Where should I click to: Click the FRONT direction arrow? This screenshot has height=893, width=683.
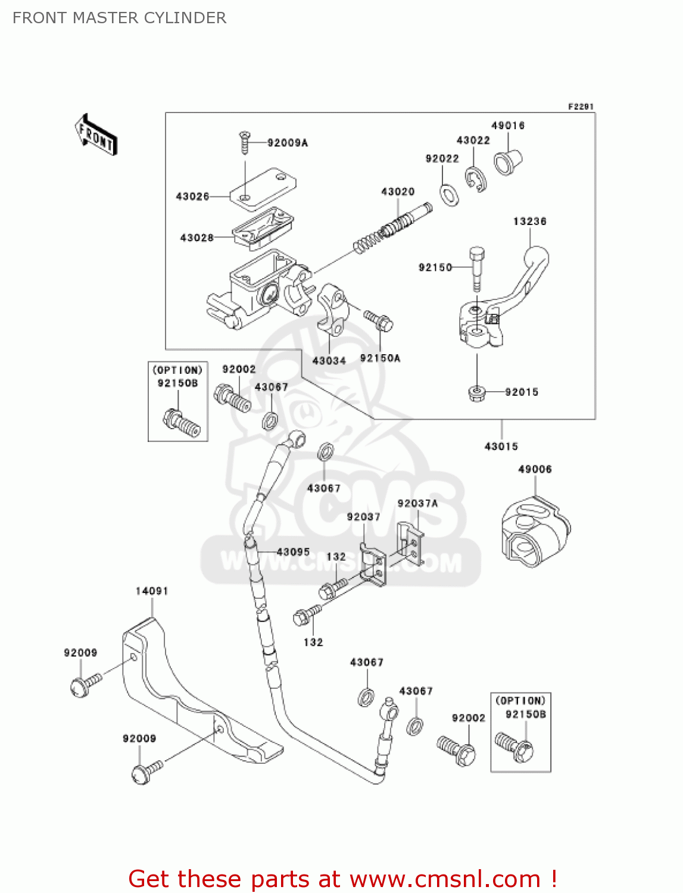96,135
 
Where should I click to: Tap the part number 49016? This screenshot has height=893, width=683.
508,126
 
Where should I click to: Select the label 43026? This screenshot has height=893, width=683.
192,196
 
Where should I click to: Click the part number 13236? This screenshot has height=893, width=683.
529,221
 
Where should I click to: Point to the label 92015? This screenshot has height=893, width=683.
522,392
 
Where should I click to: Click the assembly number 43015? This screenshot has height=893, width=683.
501,447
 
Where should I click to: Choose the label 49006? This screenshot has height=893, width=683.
535,469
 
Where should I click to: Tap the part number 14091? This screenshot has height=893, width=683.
152,591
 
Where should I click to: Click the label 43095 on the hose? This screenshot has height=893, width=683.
293,552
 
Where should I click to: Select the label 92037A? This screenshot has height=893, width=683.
418,503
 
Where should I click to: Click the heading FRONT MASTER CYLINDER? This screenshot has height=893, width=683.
119,18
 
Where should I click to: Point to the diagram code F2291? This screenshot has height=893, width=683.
581,107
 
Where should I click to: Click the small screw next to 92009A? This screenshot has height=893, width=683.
245,142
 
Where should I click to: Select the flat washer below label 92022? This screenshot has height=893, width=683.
449,195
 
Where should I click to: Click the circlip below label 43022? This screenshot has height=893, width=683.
475,179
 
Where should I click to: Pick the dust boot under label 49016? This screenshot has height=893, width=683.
508,163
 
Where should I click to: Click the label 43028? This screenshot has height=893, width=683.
197,238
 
